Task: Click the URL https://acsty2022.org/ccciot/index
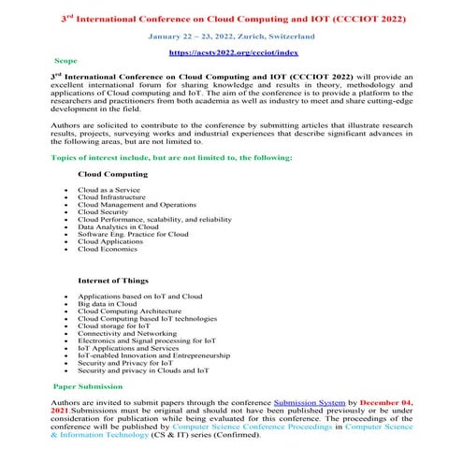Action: [230, 54]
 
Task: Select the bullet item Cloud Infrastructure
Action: [111, 197]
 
